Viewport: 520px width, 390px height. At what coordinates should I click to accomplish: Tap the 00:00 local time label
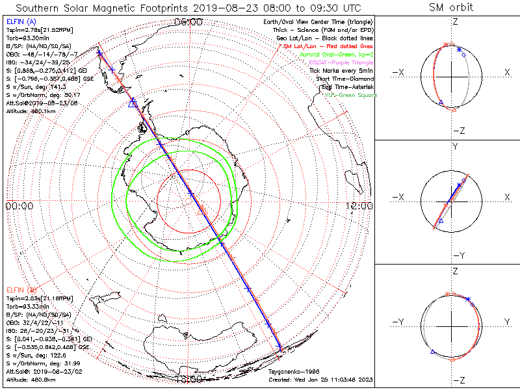(19, 205)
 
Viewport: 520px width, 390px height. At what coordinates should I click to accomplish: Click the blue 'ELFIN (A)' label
(20, 21)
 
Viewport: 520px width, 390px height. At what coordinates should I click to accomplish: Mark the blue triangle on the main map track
(133, 103)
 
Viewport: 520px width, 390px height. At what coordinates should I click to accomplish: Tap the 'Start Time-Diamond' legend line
(344, 79)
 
